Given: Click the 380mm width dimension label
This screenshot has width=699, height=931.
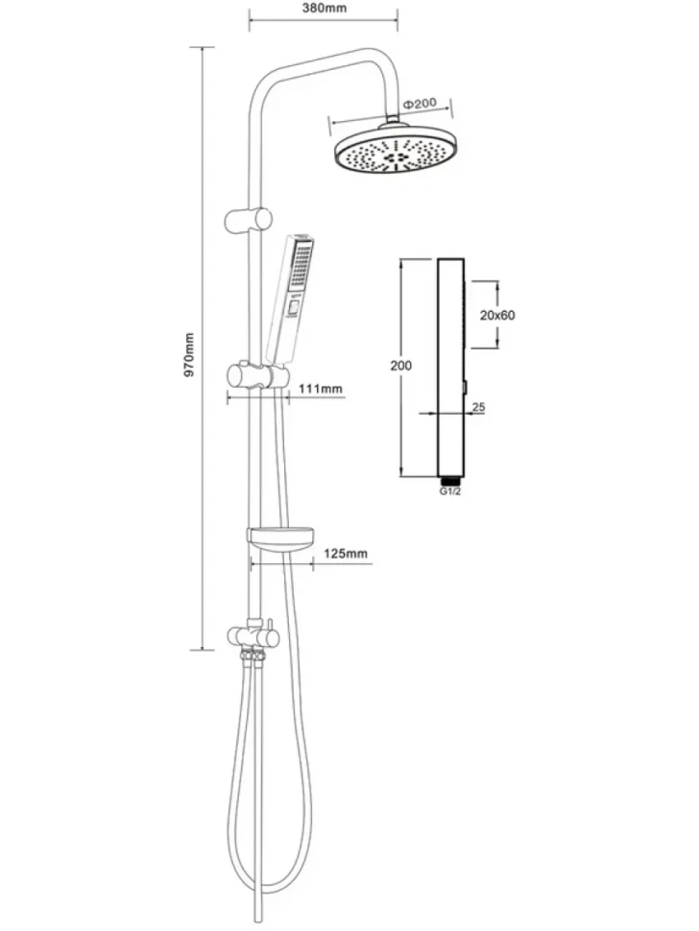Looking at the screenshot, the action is pos(324,8).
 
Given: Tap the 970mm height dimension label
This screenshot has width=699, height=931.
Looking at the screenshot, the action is pos(189,355).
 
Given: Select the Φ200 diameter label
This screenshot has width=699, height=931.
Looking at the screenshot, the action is pos(420,104).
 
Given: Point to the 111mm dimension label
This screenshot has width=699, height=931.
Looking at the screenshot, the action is pos(321,389).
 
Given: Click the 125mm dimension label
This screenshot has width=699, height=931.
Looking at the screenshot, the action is pos(346,554).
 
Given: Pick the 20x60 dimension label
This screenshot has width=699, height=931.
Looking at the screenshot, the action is pos(497,315).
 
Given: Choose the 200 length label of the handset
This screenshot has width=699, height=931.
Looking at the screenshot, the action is pos(401,366).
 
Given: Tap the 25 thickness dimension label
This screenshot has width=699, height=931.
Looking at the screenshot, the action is pos(479,407).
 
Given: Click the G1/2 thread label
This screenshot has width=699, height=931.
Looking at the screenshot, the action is pos(450,491).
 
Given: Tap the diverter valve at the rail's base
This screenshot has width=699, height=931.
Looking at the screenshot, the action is pos(253,637).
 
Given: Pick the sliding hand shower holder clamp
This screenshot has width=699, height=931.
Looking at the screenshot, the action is pos(258,376).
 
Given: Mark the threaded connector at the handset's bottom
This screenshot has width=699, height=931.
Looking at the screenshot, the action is pos(450,480).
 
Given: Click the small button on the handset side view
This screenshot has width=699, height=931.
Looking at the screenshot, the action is pos(467,388).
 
